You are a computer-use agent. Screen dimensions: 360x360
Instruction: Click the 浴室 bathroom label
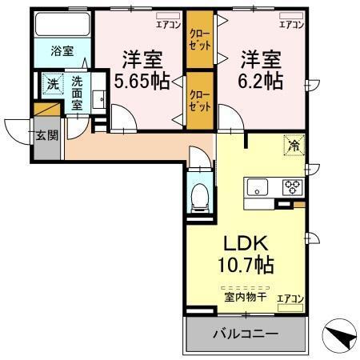click(62, 51)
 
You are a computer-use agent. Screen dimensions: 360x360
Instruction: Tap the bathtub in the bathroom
click(62, 25)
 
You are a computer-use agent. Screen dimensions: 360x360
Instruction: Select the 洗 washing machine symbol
click(51, 82)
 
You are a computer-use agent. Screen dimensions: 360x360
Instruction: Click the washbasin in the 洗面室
click(97, 99)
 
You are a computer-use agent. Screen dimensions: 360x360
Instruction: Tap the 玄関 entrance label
click(46, 135)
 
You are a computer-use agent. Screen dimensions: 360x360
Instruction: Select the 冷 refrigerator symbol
click(294, 146)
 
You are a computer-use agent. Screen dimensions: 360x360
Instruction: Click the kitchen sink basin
click(258, 188)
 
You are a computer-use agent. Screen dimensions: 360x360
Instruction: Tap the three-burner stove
click(292, 189)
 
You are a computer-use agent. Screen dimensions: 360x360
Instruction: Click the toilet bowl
click(200, 196)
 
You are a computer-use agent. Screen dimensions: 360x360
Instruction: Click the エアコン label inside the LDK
click(290, 298)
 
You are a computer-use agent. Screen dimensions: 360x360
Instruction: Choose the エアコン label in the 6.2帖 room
click(291, 25)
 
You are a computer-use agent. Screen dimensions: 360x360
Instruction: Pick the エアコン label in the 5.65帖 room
click(168, 25)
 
